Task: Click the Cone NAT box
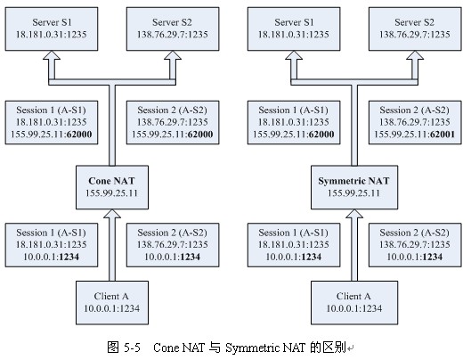112,187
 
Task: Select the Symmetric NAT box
354,187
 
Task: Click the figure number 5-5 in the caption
132,348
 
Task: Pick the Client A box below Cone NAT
112,303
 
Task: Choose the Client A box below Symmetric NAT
354,303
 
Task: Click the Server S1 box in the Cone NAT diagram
52,29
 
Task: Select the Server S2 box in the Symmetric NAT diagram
415,29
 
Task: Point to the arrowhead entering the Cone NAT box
112,214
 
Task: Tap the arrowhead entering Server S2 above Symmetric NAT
415,55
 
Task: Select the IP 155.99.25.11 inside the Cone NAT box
112,193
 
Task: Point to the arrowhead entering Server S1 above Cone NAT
52,55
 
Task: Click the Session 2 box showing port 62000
173,122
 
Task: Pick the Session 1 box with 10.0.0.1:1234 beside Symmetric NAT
294,245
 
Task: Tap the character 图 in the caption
113,348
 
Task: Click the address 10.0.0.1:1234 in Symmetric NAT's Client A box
354,308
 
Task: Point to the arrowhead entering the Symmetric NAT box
354,214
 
